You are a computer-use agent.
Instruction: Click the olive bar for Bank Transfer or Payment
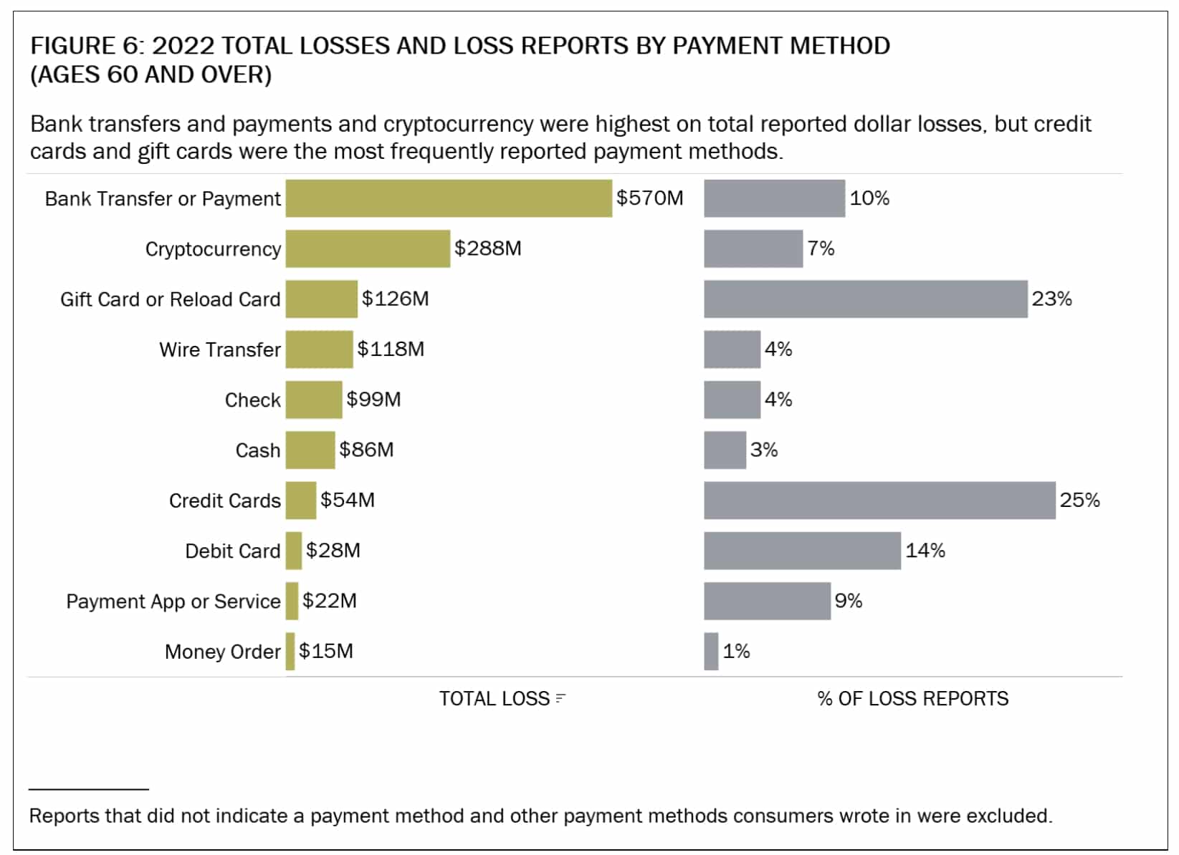tap(449, 198)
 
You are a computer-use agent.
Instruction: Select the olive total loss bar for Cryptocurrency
tap(368, 248)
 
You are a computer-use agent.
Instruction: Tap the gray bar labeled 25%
tap(879, 501)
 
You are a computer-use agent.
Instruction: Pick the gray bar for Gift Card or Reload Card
tap(865, 299)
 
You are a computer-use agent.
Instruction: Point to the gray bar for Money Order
tap(711, 652)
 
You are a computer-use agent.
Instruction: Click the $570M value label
tap(649, 198)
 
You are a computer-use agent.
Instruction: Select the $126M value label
tap(395, 299)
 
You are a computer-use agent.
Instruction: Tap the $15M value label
tap(326, 651)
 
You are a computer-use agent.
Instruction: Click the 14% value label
tap(925, 551)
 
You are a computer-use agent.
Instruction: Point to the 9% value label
tap(848, 601)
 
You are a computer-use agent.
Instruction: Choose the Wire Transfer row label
tap(220, 349)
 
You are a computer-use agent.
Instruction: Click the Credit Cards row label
tap(224, 501)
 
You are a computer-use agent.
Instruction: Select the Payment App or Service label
tap(173, 602)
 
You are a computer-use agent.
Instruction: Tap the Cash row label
tap(257, 450)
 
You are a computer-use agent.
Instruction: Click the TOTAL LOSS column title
tap(494, 699)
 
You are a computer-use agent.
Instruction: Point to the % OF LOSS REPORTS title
tap(912, 699)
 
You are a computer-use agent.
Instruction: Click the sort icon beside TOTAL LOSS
tap(560, 699)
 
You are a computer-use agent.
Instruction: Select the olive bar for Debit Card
tap(293, 551)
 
